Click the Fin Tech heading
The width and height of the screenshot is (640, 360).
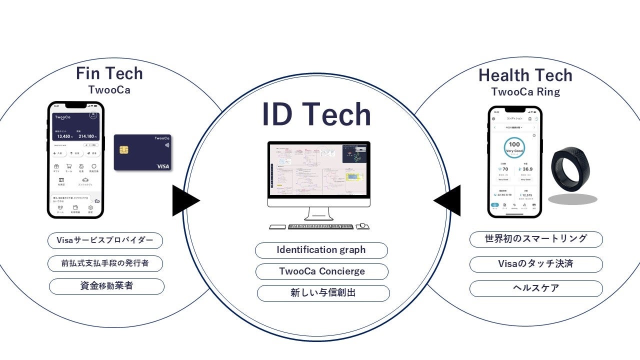pos(109,74)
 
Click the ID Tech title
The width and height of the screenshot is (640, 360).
pos(316,114)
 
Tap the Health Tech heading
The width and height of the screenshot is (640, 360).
pos(525,75)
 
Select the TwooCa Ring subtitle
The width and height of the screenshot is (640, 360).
pos(525,92)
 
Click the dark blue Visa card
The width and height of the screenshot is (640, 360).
pos(142,152)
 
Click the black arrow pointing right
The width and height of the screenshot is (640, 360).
pos(185,200)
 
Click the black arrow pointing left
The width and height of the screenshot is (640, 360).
pos(448,200)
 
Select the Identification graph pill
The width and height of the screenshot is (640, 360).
pos(321,250)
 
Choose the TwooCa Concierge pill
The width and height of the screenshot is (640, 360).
pos(321,271)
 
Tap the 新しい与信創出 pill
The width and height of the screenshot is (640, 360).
pos(323,293)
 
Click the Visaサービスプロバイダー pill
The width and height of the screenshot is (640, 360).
pos(105,240)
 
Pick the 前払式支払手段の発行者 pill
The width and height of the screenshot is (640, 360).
pos(105,263)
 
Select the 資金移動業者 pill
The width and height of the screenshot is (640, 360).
pos(106,286)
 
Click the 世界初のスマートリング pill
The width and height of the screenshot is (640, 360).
pos(535,239)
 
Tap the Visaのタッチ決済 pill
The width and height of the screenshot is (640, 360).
pos(535,264)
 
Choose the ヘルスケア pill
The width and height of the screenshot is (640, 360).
pos(535,288)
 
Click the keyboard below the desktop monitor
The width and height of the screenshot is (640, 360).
pos(320,226)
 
